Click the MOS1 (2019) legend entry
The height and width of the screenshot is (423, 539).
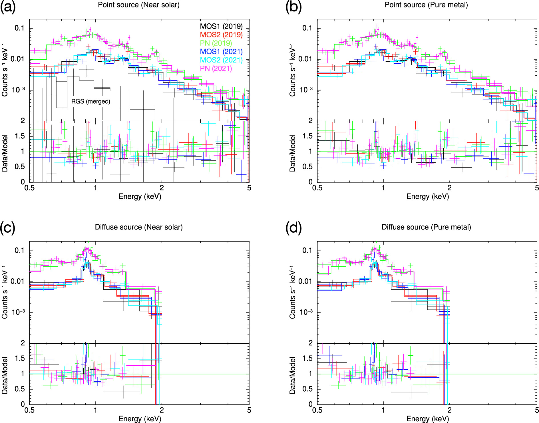[221, 26]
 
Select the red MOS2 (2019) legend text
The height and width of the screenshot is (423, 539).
[221, 35]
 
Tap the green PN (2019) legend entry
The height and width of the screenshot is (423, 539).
[216, 43]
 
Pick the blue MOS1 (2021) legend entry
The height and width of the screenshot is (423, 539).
[221, 52]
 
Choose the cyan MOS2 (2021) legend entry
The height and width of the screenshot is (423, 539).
[221, 60]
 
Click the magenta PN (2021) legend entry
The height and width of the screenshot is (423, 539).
[216, 69]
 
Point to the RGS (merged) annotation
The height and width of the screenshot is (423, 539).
[90, 101]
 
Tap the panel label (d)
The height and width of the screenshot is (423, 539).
[293, 228]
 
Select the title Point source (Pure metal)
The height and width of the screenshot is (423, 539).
[426, 5]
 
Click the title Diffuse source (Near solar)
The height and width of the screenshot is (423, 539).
[139, 227]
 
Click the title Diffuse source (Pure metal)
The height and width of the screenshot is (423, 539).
[426, 227]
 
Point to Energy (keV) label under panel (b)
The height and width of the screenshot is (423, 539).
[427, 196]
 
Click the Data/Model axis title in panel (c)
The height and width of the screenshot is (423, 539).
[5, 375]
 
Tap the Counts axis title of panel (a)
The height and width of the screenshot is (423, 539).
[5, 70]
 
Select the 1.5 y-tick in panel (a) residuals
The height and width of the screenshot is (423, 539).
[20, 136]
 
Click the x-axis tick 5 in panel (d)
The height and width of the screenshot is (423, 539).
[536, 410]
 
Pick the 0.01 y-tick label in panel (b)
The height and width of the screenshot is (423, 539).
[306, 59]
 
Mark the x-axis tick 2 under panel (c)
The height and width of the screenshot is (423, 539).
[162, 410]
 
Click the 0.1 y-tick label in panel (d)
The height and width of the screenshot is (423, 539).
[307, 250]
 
